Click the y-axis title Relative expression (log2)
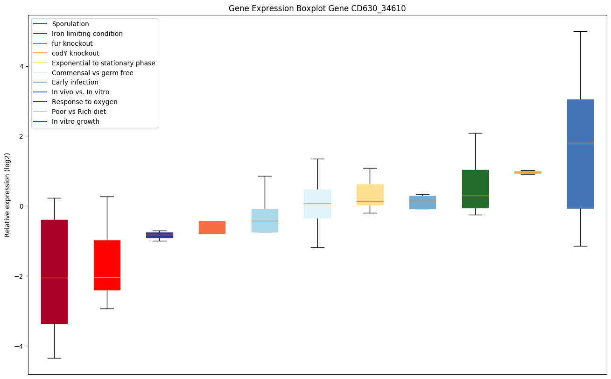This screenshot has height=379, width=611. (x=7, y=195)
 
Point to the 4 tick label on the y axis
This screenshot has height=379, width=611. (x=21, y=66)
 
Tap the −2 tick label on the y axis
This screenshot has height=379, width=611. (x=19, y=276)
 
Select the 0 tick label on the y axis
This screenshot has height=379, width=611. (x=21, y=206)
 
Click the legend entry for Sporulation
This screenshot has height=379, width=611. (x=70, y=24)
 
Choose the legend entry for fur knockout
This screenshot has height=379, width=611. (x=72, y=43)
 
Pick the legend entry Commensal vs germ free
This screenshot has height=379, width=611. (x=92, y=73)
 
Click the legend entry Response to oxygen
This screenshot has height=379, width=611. (x=84, y=102)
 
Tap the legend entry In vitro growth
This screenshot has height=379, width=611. (x=76, y=121)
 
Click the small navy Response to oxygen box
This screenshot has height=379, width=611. (x=160, y=235)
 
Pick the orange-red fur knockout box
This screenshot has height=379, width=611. (x=212, y=227)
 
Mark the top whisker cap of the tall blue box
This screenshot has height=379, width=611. (x=580, y=31)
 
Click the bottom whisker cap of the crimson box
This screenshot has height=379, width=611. (x=54, y=358)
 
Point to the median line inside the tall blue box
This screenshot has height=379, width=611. (x=580, y=143)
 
